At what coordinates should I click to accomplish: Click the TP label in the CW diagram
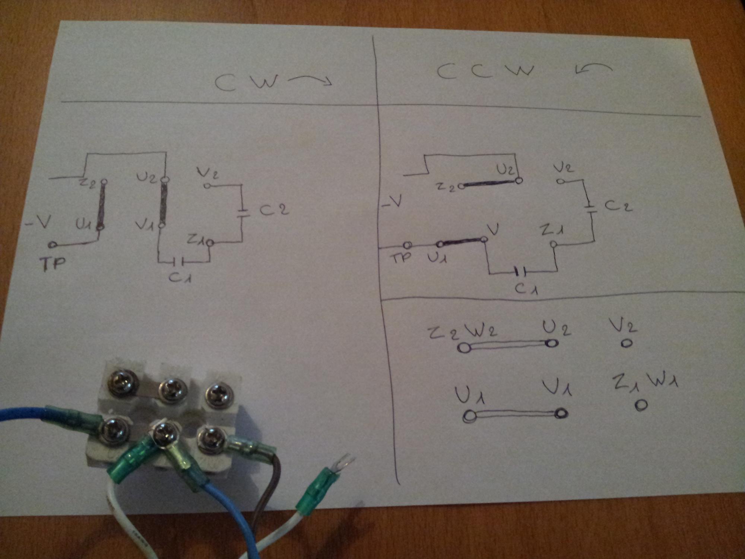(x=53, y=263)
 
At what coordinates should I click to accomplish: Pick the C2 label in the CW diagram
(x=274, y=210)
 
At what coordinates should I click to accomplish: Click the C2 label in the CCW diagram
(x=618, y=205)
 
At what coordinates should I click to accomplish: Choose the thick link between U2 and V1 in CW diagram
(x=163, y=202)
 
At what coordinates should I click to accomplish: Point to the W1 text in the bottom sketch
(x=663, y=381)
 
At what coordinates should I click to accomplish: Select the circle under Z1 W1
(x=641, y=405)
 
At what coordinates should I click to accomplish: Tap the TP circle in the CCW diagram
(x=408, y=245)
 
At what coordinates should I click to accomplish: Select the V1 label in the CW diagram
(x=143, y=225)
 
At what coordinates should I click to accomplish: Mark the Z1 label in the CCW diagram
(x=552, y=231)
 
